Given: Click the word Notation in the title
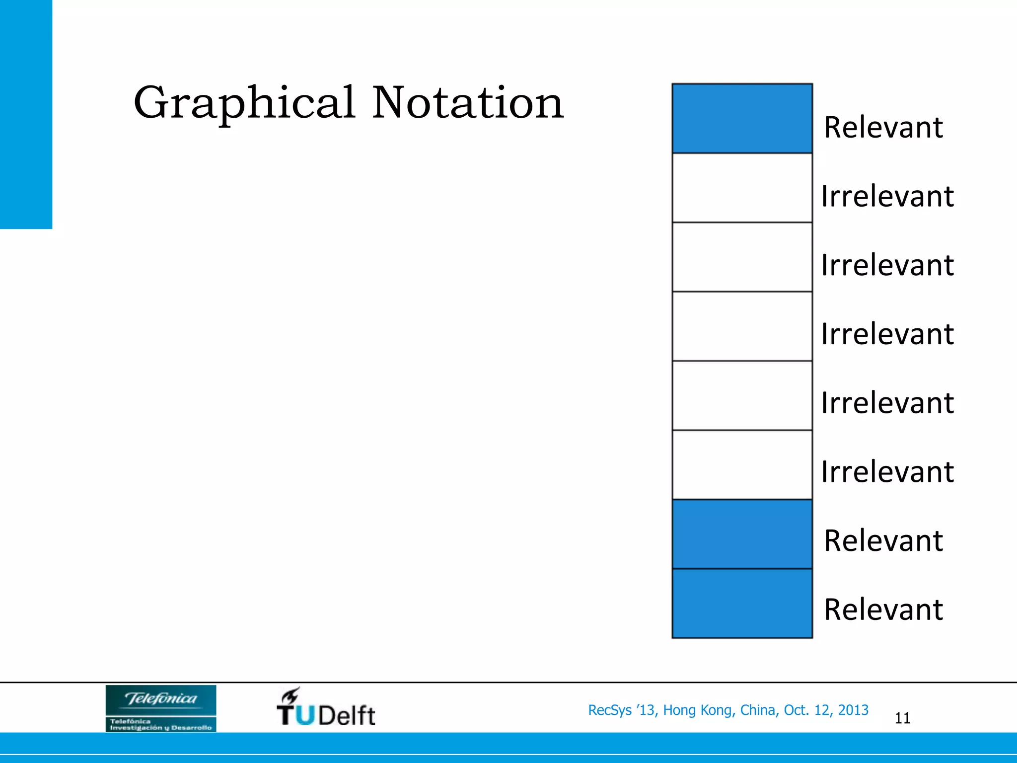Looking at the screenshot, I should click(x=467, y=103).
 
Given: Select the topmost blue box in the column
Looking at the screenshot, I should click(x=742, y=118).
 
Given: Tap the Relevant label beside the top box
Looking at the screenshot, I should click(x=883, y=127).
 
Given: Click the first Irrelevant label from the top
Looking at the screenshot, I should click(x=887, y=196).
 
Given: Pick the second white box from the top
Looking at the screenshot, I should click(x=742, y=257).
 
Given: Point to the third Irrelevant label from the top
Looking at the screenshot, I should click(x=887, y=334).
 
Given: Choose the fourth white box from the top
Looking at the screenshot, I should click(x=742, y=395).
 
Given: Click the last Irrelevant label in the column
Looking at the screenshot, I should click(x=887, y=471).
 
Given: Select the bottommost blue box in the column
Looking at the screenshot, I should click(x=742, y=603).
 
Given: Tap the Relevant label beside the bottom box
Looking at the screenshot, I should click(x=883, y=610).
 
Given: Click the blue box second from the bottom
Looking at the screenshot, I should click(x=742, y=534).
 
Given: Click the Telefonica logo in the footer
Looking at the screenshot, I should click(x=161, y=708).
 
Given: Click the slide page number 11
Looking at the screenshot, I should click(x=902, y=718).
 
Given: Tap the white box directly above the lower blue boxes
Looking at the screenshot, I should click(x=742, y=464).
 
